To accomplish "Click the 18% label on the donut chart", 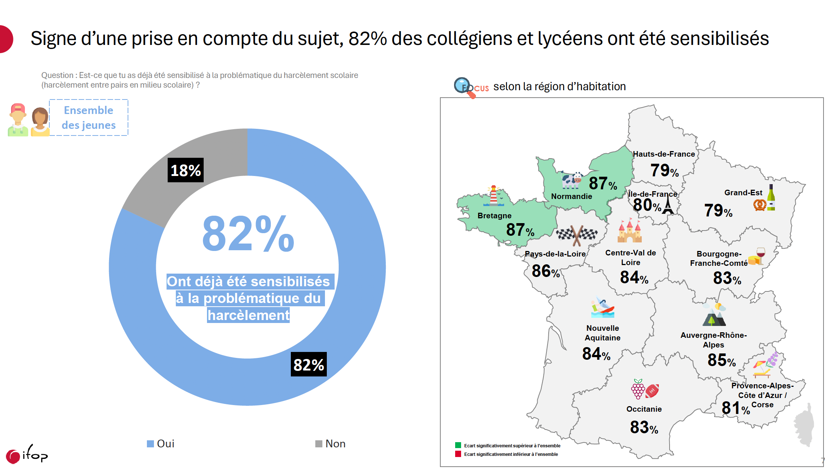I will click(185, 170).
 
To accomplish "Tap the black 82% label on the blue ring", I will click(309, 365).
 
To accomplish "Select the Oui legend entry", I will click(161, 444).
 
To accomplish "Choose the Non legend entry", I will click(330, 444).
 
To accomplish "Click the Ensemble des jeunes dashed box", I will click(89, 118).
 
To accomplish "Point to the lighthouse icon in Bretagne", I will click(494, 196).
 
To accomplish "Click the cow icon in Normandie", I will click(572, 180).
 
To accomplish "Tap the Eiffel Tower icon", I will click(668, 205).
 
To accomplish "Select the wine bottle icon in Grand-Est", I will click(771, 198).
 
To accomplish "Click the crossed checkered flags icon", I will click(576, 235).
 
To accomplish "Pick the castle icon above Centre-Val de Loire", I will click(630, 231).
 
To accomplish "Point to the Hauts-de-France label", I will click(664, 154).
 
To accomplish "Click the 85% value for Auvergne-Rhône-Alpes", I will click(721, 360).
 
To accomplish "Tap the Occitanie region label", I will click(644, 409).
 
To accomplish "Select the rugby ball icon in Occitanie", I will click(652, 391).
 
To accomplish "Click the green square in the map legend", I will click(458, 445).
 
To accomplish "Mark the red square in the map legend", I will click(458, 454).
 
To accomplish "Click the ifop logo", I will click(27, 454).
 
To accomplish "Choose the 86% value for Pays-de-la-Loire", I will click(545, 271).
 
